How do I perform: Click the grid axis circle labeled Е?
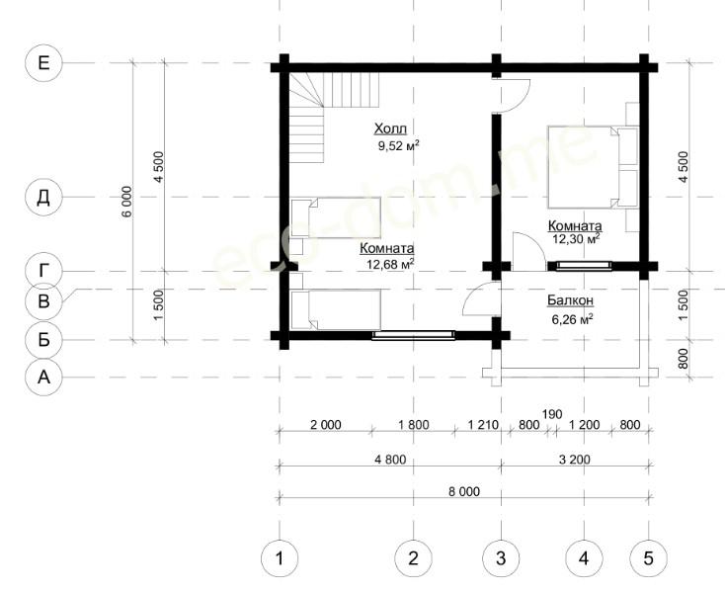coord(43,63)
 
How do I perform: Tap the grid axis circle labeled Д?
coord(43,198)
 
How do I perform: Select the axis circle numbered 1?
coord(280,558)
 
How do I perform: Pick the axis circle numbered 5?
coord(649,558)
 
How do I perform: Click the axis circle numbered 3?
coord(501,558)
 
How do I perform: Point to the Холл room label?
coord(391,128)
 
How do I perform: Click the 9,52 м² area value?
coord(399,146)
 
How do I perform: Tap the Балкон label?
coord(571,300)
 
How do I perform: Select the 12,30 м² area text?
coord(576,238)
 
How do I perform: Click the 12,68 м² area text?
coord(390,264)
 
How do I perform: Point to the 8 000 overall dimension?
coord(464,491)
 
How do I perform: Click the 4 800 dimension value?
coord(391,460)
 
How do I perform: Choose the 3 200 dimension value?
coord(575,460)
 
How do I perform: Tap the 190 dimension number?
coord(552,413)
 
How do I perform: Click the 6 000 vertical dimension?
coord(127,202)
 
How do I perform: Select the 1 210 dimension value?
coord(484,425)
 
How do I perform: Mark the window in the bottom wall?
coord(413,335)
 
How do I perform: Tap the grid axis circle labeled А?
coord(43,378)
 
